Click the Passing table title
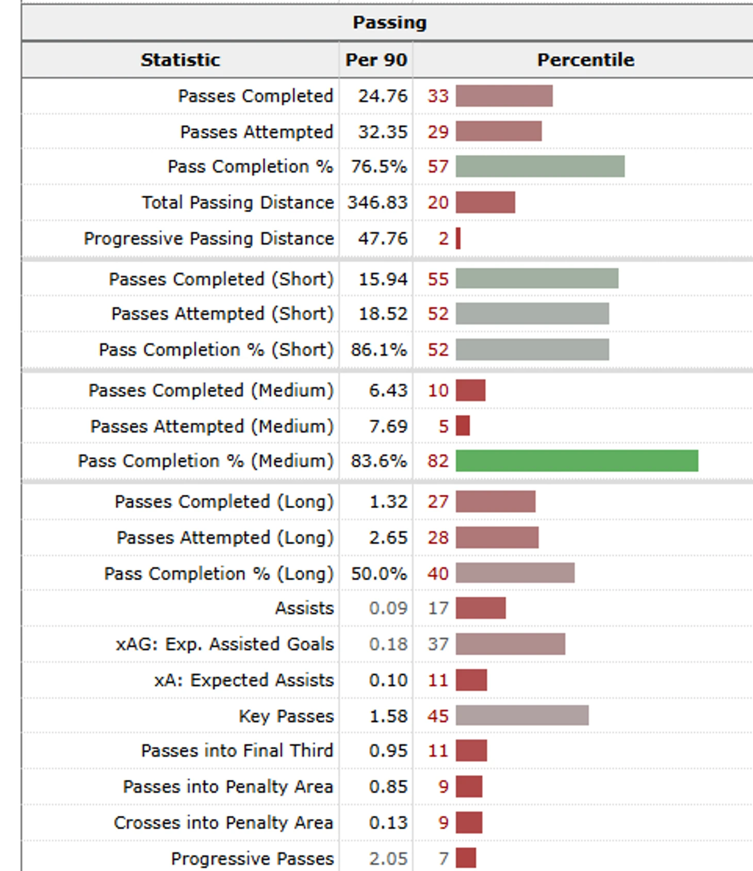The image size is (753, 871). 389,23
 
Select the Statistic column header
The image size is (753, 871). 181,60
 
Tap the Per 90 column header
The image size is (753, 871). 376,60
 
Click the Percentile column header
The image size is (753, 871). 585,60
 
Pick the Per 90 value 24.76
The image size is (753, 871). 383,96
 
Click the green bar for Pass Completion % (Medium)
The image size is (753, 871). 577,461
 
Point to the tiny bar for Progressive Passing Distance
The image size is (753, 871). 458,239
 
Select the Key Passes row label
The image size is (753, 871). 286,716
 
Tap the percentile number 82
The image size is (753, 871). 438,461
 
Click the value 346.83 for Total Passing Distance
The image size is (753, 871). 378,203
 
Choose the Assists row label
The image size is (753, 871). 304,608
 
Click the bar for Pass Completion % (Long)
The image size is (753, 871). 515,573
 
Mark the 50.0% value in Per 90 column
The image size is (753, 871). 379,573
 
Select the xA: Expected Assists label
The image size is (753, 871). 244,680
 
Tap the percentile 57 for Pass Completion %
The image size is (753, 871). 438,167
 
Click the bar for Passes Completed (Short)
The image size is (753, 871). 537,279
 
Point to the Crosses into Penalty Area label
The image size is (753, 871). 223,822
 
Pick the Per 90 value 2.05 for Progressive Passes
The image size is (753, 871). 388,859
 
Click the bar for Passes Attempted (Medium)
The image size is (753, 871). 463,426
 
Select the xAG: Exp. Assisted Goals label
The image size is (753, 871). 225,644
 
